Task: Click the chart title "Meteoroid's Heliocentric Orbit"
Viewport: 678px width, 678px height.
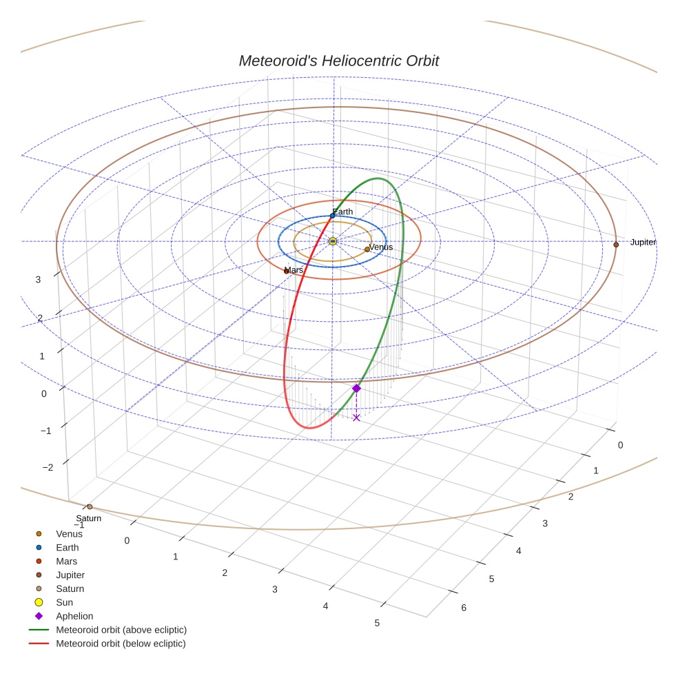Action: (x=338, y=61)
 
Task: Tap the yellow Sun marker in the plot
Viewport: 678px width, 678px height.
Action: (x=333, y=241)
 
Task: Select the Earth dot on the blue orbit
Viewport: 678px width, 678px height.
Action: (x=333, y=216)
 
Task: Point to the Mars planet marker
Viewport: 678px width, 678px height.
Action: (x=286, y=271)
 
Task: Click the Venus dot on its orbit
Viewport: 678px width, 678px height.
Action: (x=367, y=249)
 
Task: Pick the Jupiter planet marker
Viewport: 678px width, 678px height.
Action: (x=616, y=245)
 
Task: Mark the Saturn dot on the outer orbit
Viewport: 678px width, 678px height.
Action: (x=90, y=507)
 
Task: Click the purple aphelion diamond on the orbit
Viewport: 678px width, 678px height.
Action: (x=356, y=389)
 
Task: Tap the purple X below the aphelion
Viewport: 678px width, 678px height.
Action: (x=356, y=418)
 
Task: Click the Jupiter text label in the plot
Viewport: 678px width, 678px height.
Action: (x=643, y=243)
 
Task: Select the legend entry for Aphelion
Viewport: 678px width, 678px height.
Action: (x=74, y=616)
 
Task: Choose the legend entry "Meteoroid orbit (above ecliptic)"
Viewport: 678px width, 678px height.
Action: (x=121, y=630)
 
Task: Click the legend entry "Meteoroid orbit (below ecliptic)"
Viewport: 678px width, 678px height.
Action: (x=121, y=644)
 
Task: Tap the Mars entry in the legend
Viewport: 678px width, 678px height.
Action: (x=66, y=561)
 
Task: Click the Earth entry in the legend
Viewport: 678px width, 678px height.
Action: (x=67, y=547)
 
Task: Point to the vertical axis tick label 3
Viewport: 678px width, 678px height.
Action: (x=39, y=280)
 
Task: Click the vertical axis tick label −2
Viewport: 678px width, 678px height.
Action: (x=48, y=468)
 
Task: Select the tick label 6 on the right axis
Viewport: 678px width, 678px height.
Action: (x=464, y=608)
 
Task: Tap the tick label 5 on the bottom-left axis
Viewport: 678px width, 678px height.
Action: (x=377, y=624)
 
